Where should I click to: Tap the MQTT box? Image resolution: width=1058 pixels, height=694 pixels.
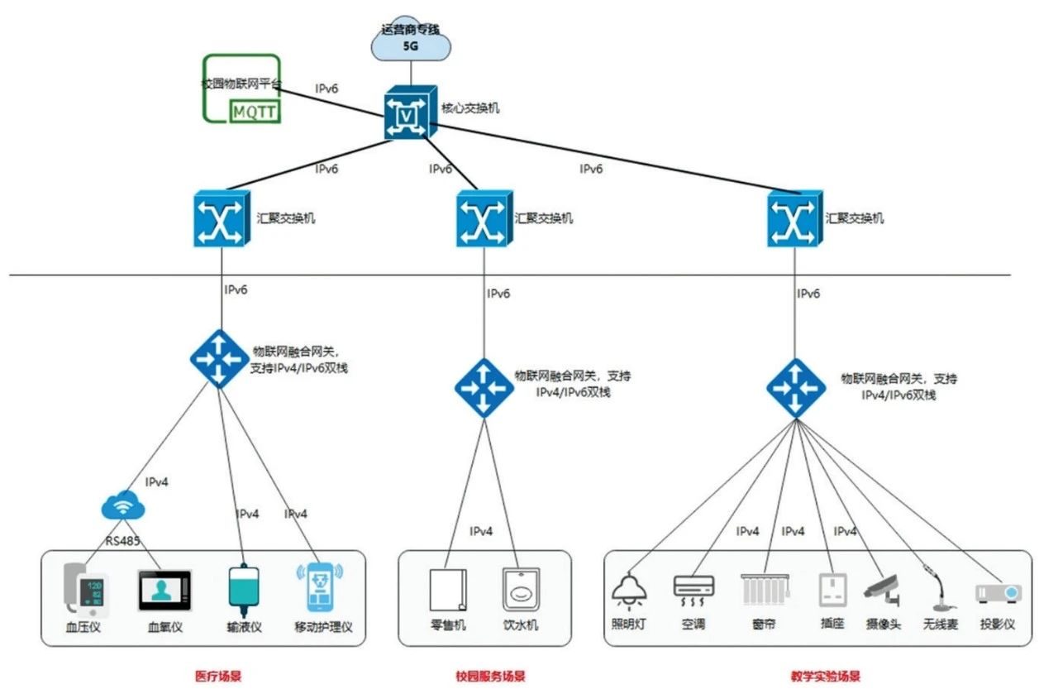pos(254,111)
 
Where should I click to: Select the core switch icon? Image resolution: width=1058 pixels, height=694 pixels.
pos(406,115)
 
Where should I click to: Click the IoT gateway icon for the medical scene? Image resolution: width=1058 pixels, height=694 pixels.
pos(218,358)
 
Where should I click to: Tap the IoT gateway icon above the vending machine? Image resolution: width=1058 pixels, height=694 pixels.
pos(484,386)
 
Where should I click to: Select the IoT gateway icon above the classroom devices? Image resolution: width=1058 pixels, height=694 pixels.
pos(795,386)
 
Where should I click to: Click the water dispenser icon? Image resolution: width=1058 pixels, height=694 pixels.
pos(521,590)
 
